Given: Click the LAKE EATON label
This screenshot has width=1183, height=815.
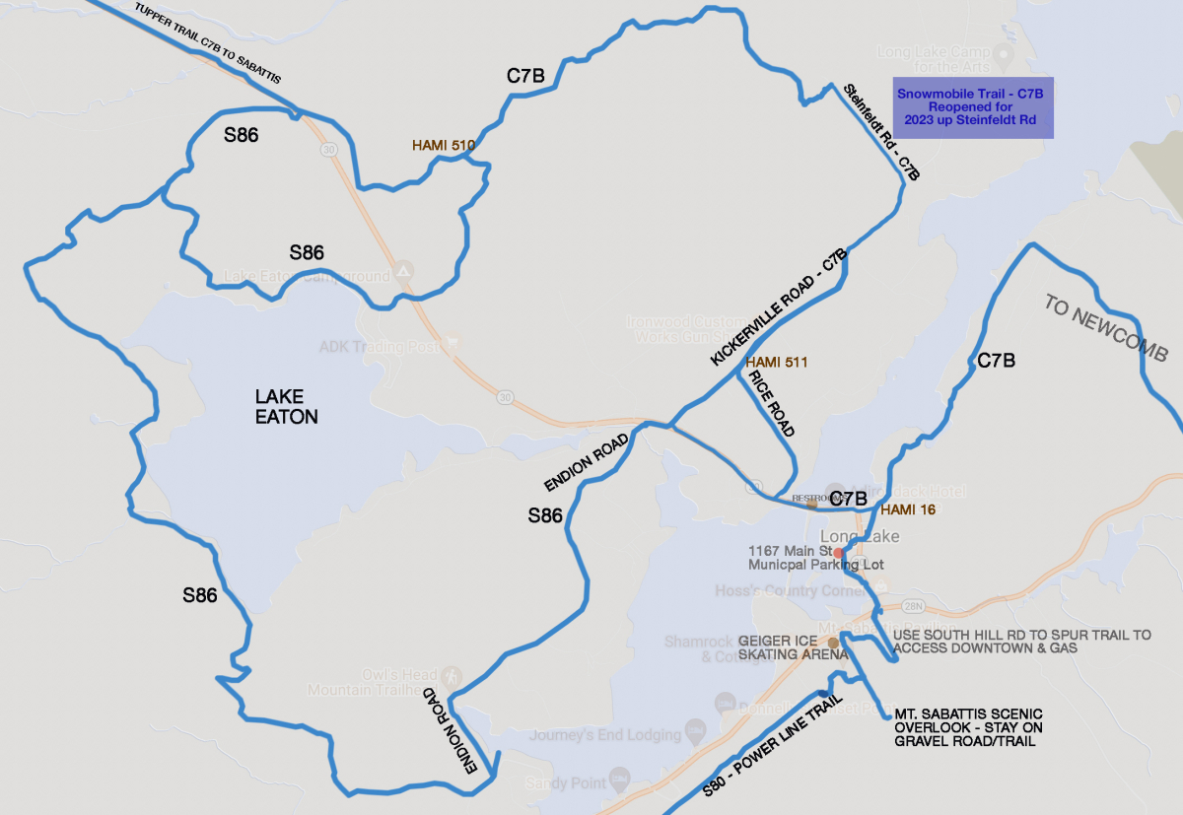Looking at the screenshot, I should click(x=286, y=406).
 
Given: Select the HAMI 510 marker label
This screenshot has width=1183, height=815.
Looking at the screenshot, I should click(x=444, y=145).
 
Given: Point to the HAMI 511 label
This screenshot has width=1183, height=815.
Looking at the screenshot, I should click(x=777, y=363).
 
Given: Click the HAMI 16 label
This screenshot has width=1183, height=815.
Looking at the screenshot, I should click(x=907, y=509).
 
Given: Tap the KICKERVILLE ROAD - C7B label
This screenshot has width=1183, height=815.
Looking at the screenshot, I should click(x=778, y=309).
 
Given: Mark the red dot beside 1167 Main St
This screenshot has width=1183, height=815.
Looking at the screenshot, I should click(x=838, y=552).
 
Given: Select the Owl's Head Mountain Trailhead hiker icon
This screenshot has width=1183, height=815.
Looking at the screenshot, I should click(x=452, y=677).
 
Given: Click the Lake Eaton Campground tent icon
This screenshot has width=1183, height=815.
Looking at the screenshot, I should click(x=402, y=270).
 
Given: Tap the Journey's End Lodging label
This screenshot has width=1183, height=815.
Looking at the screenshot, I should click(x=605, y=735).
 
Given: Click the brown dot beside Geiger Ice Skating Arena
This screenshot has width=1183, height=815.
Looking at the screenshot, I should click(x=833, y=643).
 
